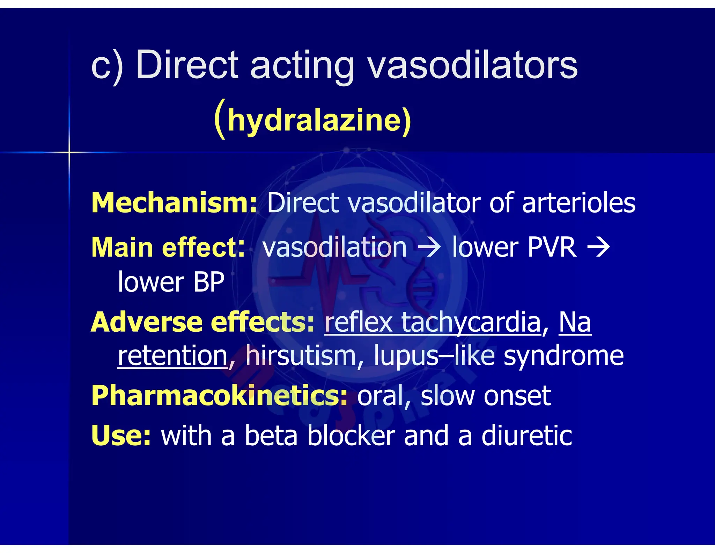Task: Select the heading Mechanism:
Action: coord(174,203)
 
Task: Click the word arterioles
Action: coord(578,203)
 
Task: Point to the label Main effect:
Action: coord(168,247)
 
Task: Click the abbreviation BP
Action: coord(208,282)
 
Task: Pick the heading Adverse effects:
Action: coord(202,322)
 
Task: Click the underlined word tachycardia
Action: coord(471,322)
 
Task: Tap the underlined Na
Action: coord(575,322)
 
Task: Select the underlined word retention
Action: coord(173,355)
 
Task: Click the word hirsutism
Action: coord(301,355)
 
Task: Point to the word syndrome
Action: coord(563,355)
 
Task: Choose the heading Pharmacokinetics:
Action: coord(219,396)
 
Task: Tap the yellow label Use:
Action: coord(121,436)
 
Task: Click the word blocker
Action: coord(351,436)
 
